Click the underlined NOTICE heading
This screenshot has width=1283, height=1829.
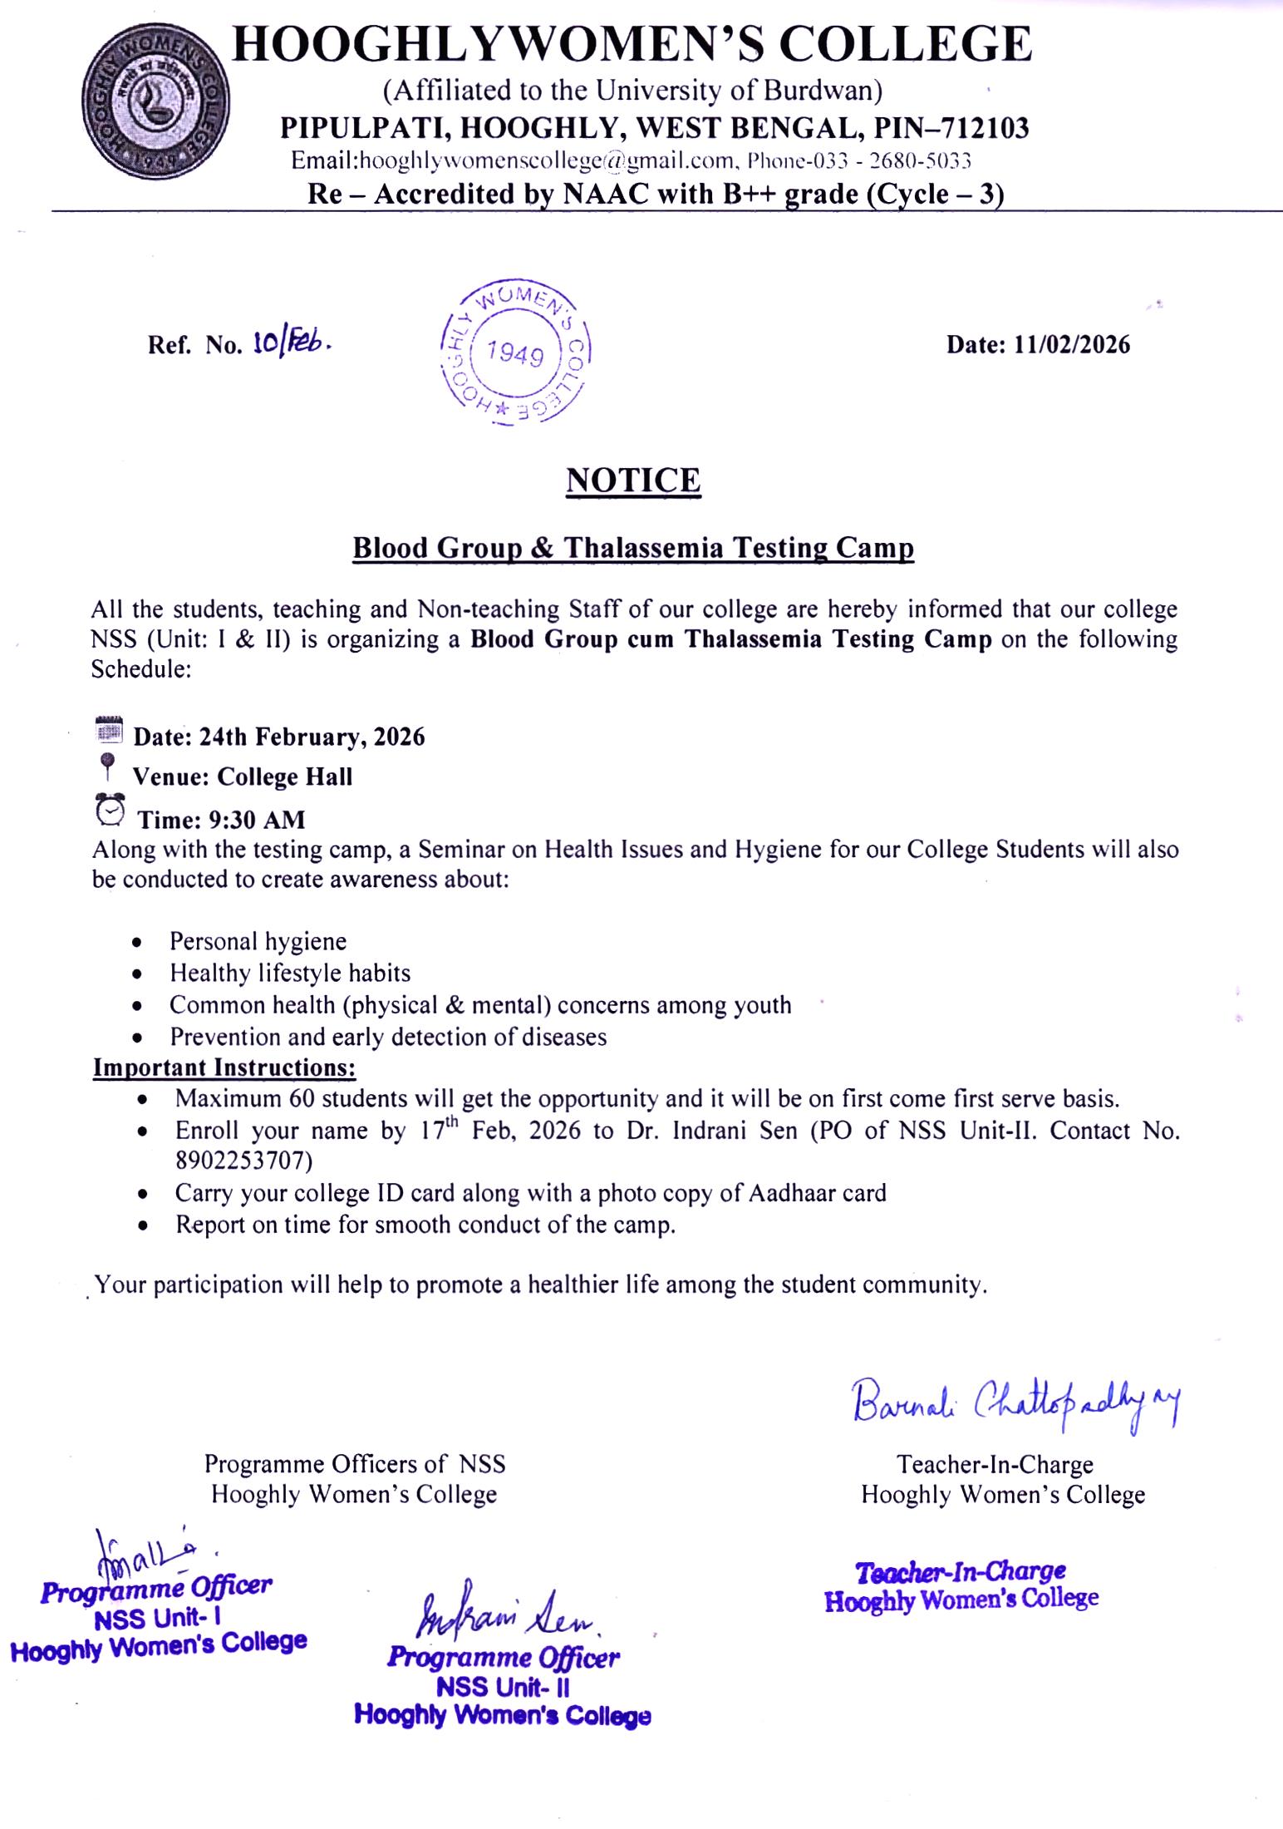click(633, 481)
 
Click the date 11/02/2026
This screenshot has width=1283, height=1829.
click(1071, 344)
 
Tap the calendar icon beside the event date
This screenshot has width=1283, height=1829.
click(109, 729)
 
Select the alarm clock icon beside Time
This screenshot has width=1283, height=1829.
click(111, 811)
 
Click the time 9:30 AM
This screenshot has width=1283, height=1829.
click(257, 820)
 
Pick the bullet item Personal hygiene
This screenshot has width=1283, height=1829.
click(258, 941)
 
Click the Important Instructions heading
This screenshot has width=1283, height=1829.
click(224, 1067)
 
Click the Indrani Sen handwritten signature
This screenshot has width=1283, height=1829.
click(505, 1615)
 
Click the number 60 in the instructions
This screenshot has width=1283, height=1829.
click(302, 1098)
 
